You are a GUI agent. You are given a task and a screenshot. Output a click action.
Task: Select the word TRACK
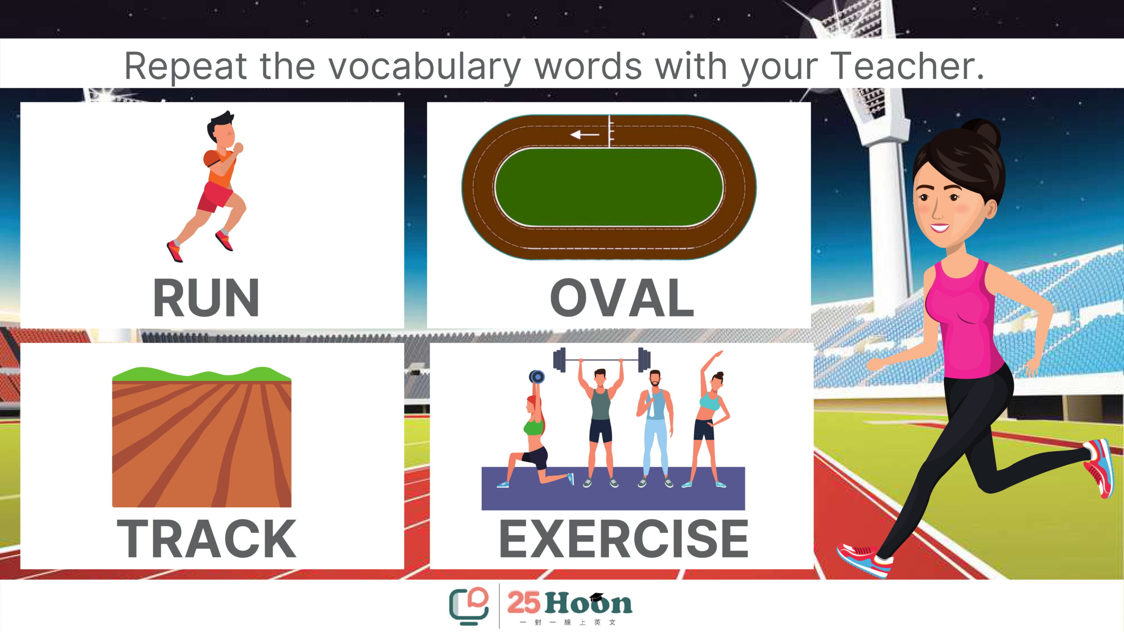point(206,539)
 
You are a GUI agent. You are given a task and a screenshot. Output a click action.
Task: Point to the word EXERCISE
point(623,539)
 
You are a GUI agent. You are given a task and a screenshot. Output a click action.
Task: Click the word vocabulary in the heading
point(425,67)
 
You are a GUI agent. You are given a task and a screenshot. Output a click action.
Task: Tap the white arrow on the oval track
point(584,134)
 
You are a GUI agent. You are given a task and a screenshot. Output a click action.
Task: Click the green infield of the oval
point(609,187)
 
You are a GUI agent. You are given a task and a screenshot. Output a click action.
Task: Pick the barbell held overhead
point(602,360)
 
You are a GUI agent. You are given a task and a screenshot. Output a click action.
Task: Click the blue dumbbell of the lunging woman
point(537,377)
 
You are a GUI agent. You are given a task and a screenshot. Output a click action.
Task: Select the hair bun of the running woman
point(985,132)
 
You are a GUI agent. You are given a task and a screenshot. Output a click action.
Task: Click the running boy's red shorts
point(215,197)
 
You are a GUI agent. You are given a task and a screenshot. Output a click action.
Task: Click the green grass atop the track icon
point(202,374)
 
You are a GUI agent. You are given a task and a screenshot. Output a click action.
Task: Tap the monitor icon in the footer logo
point(468,606)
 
